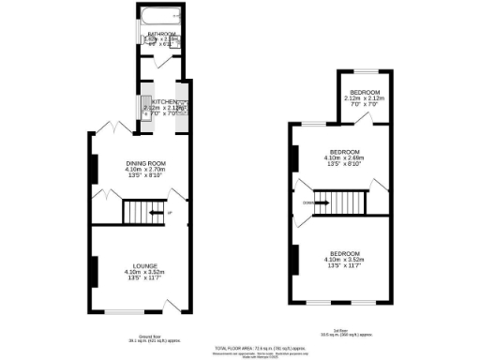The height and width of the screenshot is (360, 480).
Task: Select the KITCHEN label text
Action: [164, 102]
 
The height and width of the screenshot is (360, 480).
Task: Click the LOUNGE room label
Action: [142, 266]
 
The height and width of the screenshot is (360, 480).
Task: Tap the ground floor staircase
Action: [142, 215]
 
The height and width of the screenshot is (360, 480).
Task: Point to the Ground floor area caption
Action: [142, 340]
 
